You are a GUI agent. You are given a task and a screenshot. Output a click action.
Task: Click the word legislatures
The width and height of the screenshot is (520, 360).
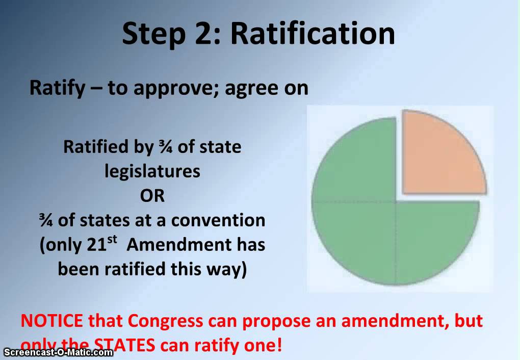point(152,171)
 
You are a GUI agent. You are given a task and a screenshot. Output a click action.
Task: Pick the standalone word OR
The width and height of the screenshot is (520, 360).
point(152,195)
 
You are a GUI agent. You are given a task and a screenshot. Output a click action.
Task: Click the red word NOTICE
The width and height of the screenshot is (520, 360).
point(51,321)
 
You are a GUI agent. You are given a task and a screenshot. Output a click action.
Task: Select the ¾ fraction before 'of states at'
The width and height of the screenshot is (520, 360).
point(46,220)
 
